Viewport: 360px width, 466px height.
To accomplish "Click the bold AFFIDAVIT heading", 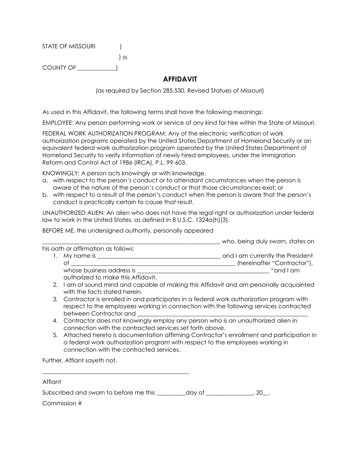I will [x=180, y=79].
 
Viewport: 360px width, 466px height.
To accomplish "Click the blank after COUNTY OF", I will [x=97, y=69].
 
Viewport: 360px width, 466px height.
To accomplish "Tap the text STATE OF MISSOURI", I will [x=69, y=46].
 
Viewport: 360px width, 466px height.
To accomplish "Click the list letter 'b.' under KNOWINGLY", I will [x=45, y=195].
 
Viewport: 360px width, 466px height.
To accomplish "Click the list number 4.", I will [x=56, y=321].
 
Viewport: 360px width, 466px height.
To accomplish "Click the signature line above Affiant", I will [x=116, y=374].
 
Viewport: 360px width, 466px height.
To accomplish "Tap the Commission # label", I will [x=62, y=403].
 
